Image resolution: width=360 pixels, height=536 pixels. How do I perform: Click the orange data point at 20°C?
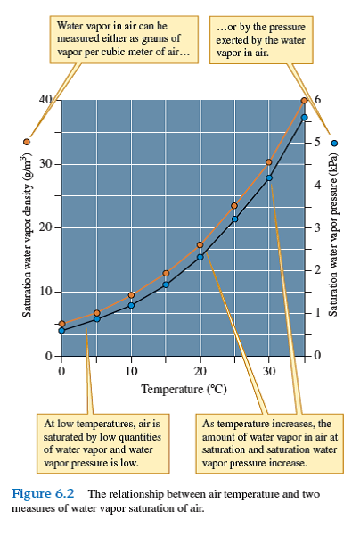[200, 244]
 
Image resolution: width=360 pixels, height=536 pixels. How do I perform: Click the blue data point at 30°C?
[269, 177]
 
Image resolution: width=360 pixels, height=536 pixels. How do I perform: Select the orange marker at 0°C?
[61, 324]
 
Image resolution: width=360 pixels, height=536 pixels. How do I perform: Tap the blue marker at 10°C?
[131, 305]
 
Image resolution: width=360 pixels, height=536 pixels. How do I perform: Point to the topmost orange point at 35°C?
[304, 101]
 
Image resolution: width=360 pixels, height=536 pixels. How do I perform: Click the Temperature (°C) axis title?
[182, 389]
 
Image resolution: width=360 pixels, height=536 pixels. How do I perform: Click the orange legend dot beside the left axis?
[27, 142]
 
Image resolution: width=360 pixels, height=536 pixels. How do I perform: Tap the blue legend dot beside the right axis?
[334, 142]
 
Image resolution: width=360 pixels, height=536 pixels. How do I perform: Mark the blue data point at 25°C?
[235, 219]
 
